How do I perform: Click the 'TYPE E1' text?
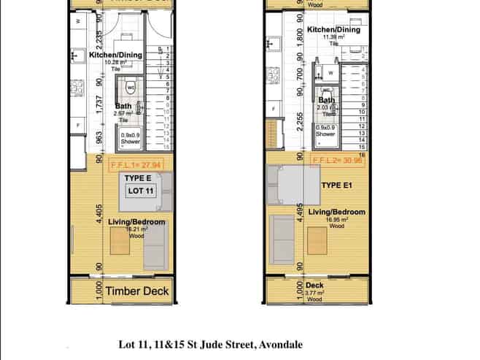[337, 185]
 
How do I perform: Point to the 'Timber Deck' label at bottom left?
[136, 291]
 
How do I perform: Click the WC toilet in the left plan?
[131, 87]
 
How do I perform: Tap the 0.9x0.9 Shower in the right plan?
[325, 132]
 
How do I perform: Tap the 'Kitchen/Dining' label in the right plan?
[333, 30]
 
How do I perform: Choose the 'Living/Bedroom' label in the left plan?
[136, 223]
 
